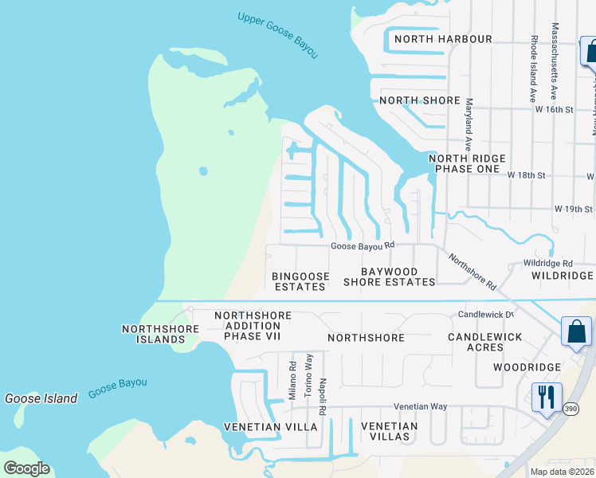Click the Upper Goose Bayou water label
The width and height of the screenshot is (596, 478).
pos(277,34)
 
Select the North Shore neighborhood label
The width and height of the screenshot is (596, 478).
pos(420,100)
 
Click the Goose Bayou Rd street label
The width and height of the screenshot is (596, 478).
pos(363,246)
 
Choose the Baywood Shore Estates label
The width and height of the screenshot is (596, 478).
pos(390,276)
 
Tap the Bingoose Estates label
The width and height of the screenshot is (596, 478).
pos(300,281)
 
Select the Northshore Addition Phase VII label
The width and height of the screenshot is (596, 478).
pos(253,326)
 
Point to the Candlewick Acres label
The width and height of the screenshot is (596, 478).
pos(484,343)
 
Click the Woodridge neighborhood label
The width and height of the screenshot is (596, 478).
pos(526,367)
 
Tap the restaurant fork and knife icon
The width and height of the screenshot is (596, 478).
pos(547,397)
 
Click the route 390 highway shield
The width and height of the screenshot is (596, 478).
pos(548,431)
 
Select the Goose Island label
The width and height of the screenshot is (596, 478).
pos(41,398)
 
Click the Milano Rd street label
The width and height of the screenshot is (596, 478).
pos(293,381)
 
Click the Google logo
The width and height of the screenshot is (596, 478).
pos(26,468)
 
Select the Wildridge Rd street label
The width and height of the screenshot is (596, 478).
pos(547,263)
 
